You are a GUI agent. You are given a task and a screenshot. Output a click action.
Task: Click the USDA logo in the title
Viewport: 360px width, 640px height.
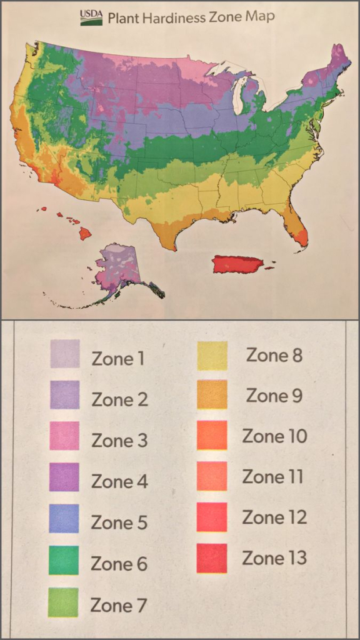tap(91, 17)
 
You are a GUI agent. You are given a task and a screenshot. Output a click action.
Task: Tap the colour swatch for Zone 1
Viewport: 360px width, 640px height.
tap(64, 354)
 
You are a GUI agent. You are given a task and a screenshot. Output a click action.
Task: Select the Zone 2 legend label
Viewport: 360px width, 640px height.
tap(119, 399)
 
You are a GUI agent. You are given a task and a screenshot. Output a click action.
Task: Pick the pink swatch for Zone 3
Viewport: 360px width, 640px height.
tap(64, 436)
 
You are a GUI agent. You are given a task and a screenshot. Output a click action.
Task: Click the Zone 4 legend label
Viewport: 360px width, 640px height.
tap(119, 482)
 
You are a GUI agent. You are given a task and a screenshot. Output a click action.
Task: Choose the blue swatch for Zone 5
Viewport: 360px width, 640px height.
tap(64, 518)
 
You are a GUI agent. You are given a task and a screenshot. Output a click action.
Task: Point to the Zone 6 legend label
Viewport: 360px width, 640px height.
tap(119, 564)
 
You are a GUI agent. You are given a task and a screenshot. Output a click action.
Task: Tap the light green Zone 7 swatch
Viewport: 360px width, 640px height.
tap(63, 602)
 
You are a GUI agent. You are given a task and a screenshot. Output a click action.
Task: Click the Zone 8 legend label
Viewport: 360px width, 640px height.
tap(274, 355)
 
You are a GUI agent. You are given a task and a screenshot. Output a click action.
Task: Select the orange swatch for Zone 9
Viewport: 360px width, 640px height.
tap(212, 394)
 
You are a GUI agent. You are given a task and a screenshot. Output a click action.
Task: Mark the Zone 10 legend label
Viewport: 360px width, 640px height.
tap(274, 436)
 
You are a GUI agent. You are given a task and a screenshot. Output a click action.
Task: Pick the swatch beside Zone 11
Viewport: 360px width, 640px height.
tap(212, 476)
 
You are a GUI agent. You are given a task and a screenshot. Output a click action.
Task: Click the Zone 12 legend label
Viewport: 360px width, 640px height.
tap(274, 517)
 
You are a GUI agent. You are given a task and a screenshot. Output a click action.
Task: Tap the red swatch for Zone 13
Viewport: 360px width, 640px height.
tap(212, 558)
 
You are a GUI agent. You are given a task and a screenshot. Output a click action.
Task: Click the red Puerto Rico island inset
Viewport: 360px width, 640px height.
tap(237, 264)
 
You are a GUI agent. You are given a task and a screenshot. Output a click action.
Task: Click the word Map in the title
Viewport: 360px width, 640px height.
tap(257, 17)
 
